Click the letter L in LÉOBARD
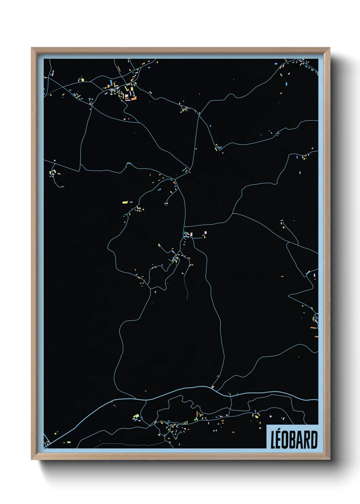pos(273,440)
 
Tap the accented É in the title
pos(279,441)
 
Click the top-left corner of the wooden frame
pos(32,48)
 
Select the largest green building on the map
pos(136,416)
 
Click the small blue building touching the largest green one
pos(139,420)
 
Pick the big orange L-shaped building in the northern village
pos(134,98)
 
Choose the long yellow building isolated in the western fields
pos(125,202)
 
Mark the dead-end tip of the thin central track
pos(187,299)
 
